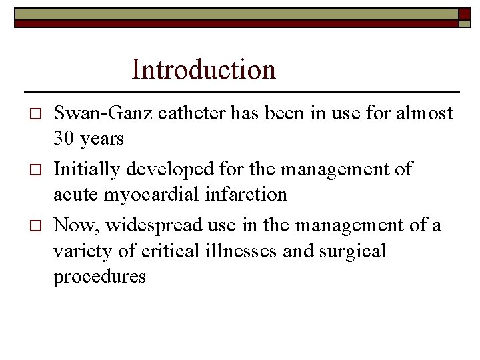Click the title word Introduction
pyautogui.click(x=203, y=69)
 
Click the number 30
pyautogui.click(x=65, y=139)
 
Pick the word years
pyautogui.click(x=102, y=139)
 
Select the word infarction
pyautogui.click(x=246, y=194)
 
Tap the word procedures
pyautogui.click(x=99, y=276)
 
